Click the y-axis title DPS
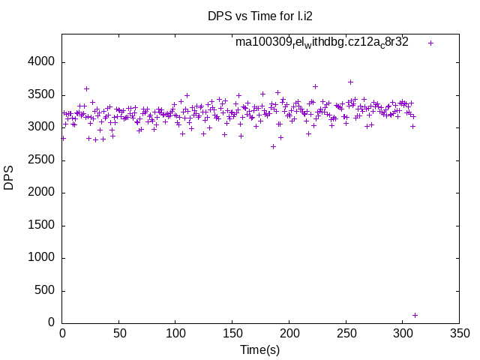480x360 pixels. click(x=9, y=178)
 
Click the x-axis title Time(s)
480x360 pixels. click(x=259, y=349)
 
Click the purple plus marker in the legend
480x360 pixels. click(x=430, y=43)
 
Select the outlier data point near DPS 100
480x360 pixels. click(x=415, y=315)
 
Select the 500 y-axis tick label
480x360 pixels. click(x=46, y=290)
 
